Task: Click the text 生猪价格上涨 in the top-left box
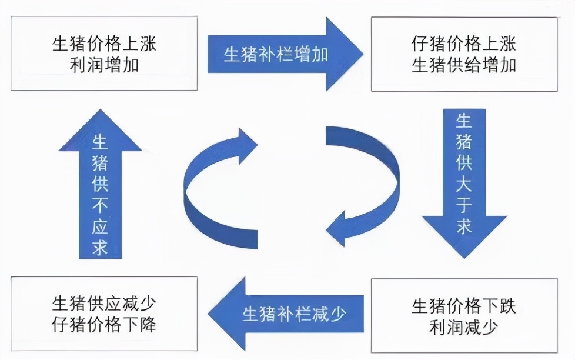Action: click(x=104, y=45)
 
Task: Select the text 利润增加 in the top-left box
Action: click(x=104, y=65)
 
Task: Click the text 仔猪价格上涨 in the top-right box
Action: click(x=464, y=45)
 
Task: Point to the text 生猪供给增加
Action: click(x=464, y=65)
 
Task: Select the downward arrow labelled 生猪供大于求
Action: click(x=464, y=182)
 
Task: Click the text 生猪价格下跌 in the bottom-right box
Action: click(x=464, y=306)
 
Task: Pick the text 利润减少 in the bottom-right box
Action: click(x=464, y=326)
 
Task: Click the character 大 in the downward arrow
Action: click(x=464, y=184)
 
